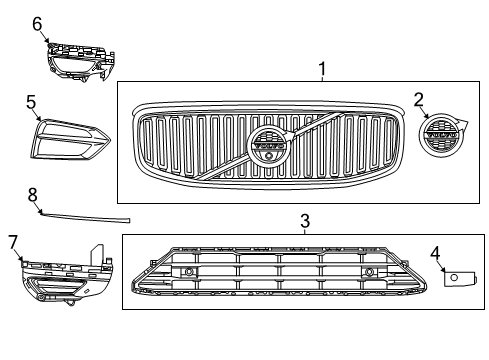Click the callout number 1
click(322, 68)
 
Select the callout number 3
click(305, 219)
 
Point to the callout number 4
click(436, 253)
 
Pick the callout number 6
click(38, 22)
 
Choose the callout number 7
click(13, 241)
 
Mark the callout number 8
click(32, 194)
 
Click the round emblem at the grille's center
click(267, 149)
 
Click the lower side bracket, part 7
click(60, 278)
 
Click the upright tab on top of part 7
click(99, 254)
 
